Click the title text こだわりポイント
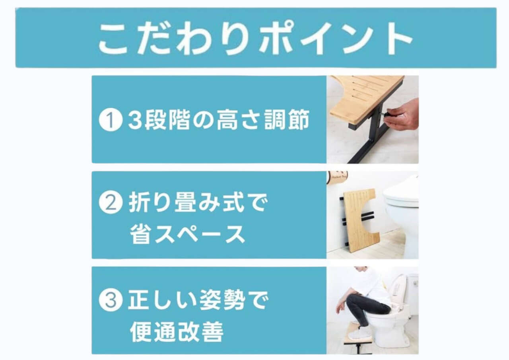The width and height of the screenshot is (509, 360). (256, 39)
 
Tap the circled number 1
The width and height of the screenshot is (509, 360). (111, 119)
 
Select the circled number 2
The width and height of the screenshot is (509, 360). (111, 202)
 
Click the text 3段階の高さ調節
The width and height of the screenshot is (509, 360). (219, 120)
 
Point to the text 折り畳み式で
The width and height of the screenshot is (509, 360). (198, 202)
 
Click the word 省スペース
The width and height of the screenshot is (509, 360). (187, 234)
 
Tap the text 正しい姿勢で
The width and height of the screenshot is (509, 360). (198, 300)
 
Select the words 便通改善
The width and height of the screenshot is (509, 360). (177, 332)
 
